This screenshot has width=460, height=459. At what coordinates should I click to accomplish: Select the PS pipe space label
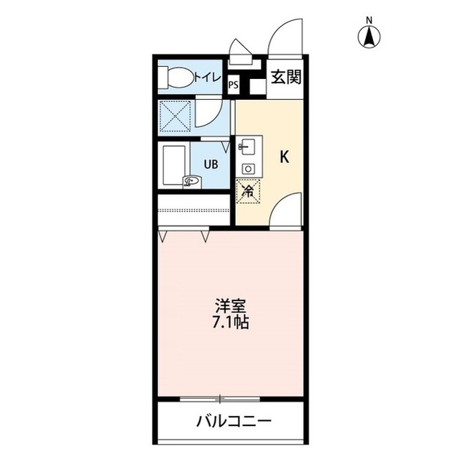coord(233,85)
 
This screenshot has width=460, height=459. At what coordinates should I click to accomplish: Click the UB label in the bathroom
coord(211,163)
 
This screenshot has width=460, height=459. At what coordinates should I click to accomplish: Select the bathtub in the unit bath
coord(174,167)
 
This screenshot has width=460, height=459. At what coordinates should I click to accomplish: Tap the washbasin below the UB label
coord(192,182)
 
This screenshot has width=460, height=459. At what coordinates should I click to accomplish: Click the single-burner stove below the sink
coord(248,168)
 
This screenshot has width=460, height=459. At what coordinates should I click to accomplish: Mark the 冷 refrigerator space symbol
coord(247,190)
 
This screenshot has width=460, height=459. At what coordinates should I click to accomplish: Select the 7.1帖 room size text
coord(230,323)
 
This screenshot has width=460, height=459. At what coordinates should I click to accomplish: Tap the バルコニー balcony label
coord(234,421)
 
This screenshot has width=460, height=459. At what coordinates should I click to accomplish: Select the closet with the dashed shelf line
coord(193,210)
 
